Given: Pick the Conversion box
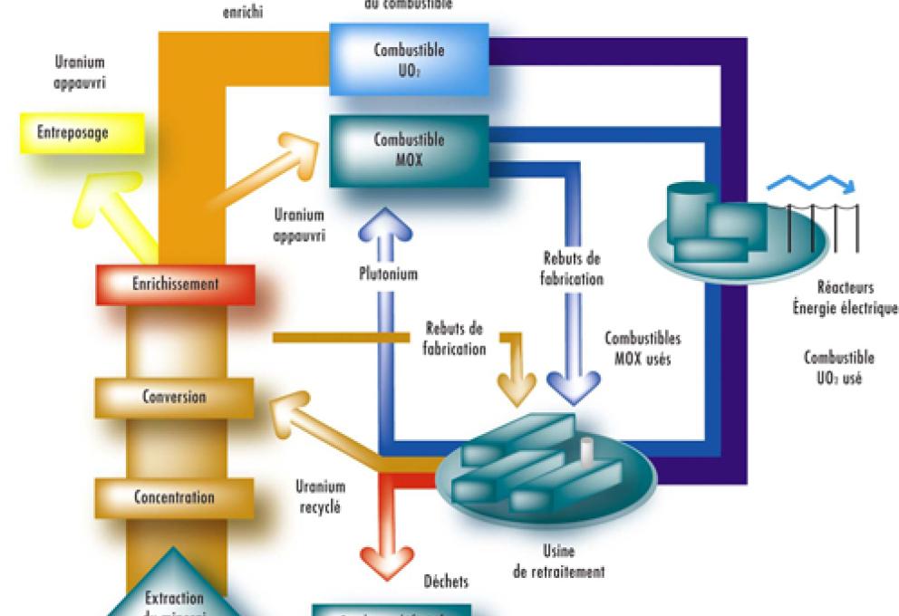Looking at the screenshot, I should (x=174, y=397).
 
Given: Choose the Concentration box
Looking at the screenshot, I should (x=174, y=497).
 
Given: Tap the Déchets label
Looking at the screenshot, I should (x=444, y=580).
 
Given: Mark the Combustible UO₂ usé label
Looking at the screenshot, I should (x=837, y=366).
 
